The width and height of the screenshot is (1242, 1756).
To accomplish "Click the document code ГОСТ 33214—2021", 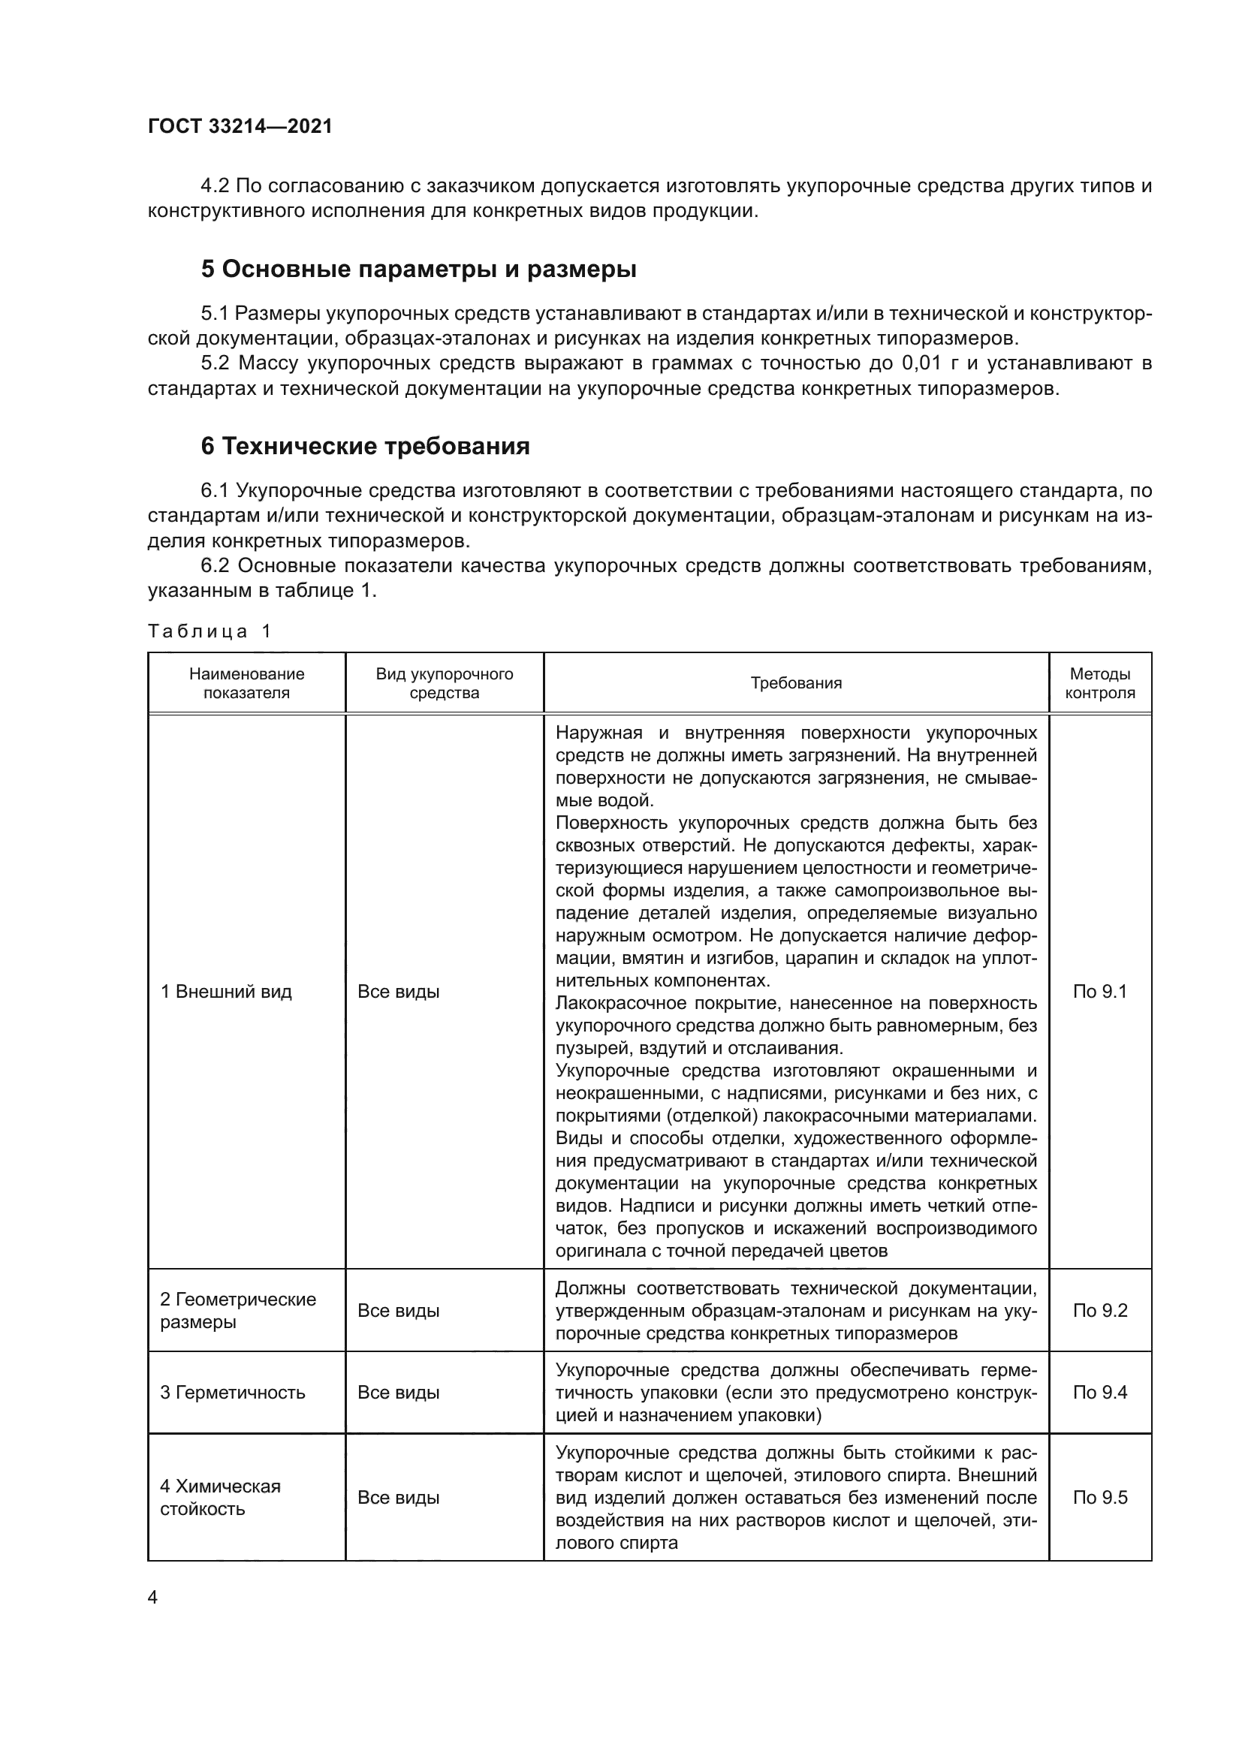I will pos(240,126).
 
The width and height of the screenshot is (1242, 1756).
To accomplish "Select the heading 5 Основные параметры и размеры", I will pos(418,270).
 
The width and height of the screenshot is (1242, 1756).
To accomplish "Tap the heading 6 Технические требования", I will pos(365,446).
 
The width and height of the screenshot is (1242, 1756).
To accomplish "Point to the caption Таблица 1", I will pos(210,631).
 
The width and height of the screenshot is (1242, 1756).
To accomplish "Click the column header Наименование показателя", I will pos(246,683).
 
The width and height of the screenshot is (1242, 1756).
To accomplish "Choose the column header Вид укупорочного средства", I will pos(444,683).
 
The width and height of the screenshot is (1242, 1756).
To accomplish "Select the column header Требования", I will pos(795,683).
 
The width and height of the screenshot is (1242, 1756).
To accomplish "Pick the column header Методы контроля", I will pos(1100,683).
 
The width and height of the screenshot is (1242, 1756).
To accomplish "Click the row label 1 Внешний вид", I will pos(225,992).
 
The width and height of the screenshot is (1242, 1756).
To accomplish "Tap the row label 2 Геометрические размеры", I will pos(237,1310).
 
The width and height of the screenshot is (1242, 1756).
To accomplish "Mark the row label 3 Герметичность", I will pos(232,1392).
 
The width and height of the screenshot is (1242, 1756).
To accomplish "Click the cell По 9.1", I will pos(1100,992).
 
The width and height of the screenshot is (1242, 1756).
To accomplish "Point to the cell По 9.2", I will pos(1100,1310).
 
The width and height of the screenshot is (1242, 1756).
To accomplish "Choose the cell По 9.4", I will pos(1100,1392).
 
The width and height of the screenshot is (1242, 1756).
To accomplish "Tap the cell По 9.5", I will pos(1100,1498).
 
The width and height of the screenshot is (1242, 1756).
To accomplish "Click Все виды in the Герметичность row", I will pos(399,1392).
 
